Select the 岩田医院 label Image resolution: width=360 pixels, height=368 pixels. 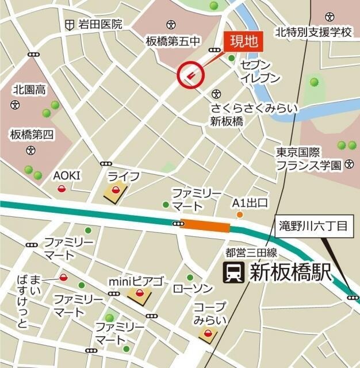pos(101,24)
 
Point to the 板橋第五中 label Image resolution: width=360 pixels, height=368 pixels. pos(173,41)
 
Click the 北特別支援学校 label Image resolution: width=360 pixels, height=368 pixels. pos(313,32)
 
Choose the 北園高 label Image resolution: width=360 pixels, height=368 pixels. pos(29,89)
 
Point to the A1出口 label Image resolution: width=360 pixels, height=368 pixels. pos(250,202)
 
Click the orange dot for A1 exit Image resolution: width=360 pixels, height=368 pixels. pos(240,215)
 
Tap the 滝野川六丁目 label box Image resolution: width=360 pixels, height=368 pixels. pos(313,226)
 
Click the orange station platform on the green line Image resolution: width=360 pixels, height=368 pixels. pos(205,226)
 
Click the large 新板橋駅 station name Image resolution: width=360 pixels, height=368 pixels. pos(290,272)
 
